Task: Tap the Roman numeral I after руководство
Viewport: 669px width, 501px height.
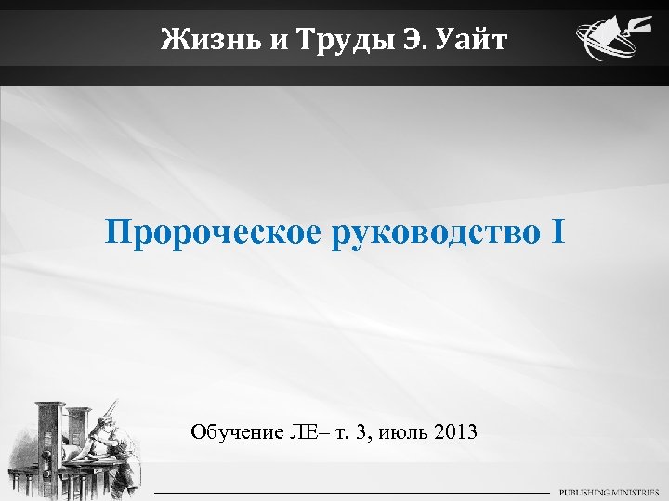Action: pyautogui.click(x=557, y=232)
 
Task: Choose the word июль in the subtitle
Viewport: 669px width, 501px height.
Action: pyautogui.click(x=397, y=431)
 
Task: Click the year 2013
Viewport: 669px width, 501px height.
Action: pyautogui.click(x=454, y=431)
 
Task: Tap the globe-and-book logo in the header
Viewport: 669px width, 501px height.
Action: pyautogui.click(x=608, y=42)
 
